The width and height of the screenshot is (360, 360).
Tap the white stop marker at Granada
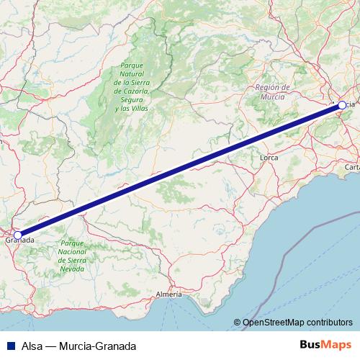17,235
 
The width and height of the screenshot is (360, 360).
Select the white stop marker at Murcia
341,105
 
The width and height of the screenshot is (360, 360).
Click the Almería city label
169,294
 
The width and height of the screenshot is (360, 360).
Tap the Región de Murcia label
272,91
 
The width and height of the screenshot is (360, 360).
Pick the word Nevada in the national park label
73,269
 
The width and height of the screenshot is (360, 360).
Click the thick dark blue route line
180,170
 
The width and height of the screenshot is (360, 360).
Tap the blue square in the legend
7,346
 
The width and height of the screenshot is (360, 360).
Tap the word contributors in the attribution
328,323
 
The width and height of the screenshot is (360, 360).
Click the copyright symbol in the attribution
237,323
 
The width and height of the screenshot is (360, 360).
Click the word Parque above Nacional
73,243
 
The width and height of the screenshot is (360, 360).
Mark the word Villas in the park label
138,108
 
